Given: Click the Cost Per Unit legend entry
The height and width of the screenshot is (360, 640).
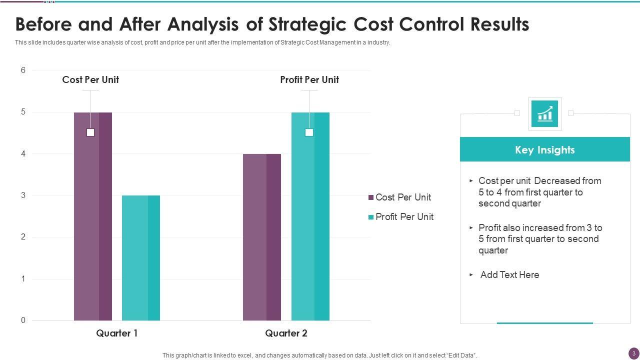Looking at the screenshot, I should coord(399,197).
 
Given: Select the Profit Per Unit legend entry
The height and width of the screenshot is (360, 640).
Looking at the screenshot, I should coord(400,217).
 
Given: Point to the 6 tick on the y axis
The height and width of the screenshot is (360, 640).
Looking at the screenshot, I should coord(23,70).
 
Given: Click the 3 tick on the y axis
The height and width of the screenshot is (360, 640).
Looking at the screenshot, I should coord(23,195).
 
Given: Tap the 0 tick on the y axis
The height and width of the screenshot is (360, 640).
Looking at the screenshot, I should coord(23,320).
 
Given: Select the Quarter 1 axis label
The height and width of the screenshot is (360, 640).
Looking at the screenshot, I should coord(117,333).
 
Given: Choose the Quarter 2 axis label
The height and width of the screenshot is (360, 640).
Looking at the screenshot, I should coord(286,333).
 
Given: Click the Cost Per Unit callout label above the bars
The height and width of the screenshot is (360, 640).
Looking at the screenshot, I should coord(90,80).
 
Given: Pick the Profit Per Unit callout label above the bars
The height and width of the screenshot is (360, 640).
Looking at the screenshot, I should coord(309,80).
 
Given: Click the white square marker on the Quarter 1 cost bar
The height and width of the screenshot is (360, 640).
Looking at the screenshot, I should coord(90,132).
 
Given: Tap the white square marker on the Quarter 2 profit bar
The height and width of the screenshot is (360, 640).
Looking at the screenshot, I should coord(309,132).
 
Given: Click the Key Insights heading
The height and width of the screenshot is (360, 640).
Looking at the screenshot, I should coord(545,150).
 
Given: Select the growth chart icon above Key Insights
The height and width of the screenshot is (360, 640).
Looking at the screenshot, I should coord(544,113).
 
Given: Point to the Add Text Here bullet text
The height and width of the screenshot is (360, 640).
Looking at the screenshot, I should coord(509,275).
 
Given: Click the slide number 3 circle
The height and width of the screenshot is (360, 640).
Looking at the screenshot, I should coord(633,353).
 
